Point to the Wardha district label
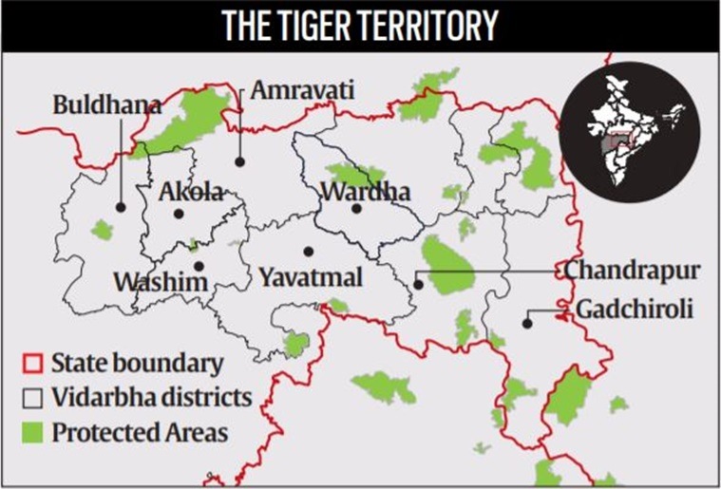coord(365,193)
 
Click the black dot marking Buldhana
coord(121,206)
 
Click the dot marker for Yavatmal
coord(308,252)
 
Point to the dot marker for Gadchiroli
coord(527,323)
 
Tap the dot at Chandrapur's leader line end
coord(417,283)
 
